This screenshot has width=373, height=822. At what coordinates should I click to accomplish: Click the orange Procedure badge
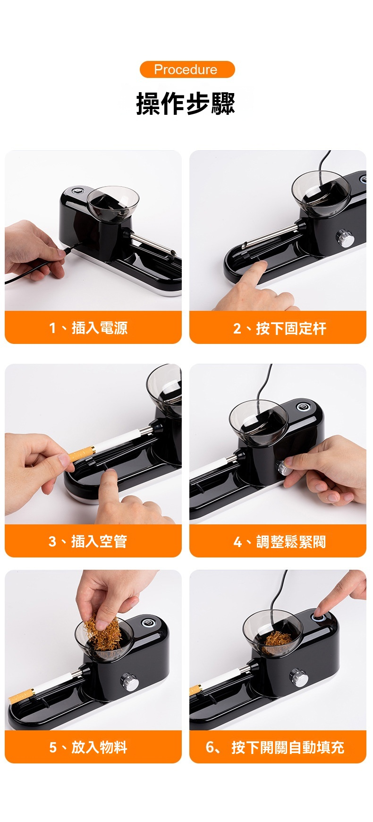(187, 69)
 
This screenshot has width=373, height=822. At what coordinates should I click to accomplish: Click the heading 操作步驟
(186, 103)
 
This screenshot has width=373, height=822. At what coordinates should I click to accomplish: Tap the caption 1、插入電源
(88, 327)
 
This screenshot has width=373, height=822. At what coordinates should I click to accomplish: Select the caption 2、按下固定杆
(280, 328)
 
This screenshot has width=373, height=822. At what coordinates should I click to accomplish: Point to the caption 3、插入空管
(88, 541)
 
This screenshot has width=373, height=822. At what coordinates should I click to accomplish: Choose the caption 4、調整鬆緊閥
(280, 541)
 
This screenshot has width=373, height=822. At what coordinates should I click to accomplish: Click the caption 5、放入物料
(88, 747)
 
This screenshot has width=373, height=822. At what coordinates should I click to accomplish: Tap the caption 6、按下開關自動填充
(275, 747)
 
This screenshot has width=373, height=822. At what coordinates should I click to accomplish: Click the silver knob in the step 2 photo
(345, 238)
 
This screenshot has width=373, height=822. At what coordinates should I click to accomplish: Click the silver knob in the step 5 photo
(129, 682)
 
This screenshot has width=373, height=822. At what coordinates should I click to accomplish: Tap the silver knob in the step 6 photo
(299, 677)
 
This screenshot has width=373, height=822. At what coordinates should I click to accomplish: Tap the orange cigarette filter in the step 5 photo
(20, 695)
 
